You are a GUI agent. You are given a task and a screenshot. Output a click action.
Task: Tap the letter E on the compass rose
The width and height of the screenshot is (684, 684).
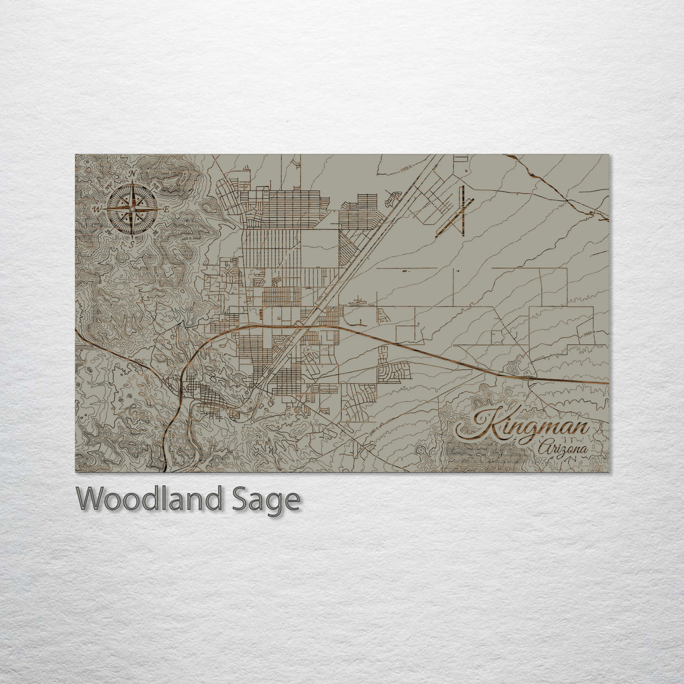pos(165,209)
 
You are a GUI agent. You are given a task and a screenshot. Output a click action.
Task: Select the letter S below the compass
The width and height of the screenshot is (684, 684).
pos(132,243)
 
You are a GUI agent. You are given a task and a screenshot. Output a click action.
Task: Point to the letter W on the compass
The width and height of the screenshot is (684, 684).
pos(97,208)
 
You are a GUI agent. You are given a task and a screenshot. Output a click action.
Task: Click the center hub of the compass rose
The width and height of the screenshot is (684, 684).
pos(132,208)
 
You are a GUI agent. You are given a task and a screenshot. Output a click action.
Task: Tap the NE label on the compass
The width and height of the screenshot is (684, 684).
pos(153,184)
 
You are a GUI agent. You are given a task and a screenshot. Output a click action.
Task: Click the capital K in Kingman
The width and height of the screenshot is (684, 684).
pos(484,423)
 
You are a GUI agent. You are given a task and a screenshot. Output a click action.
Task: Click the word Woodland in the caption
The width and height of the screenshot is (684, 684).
pos(149,499)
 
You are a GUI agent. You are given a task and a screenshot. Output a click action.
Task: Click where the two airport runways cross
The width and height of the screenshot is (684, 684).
pos(463,210)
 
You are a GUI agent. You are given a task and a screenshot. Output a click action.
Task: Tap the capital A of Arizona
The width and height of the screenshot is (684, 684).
pos(540,449)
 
